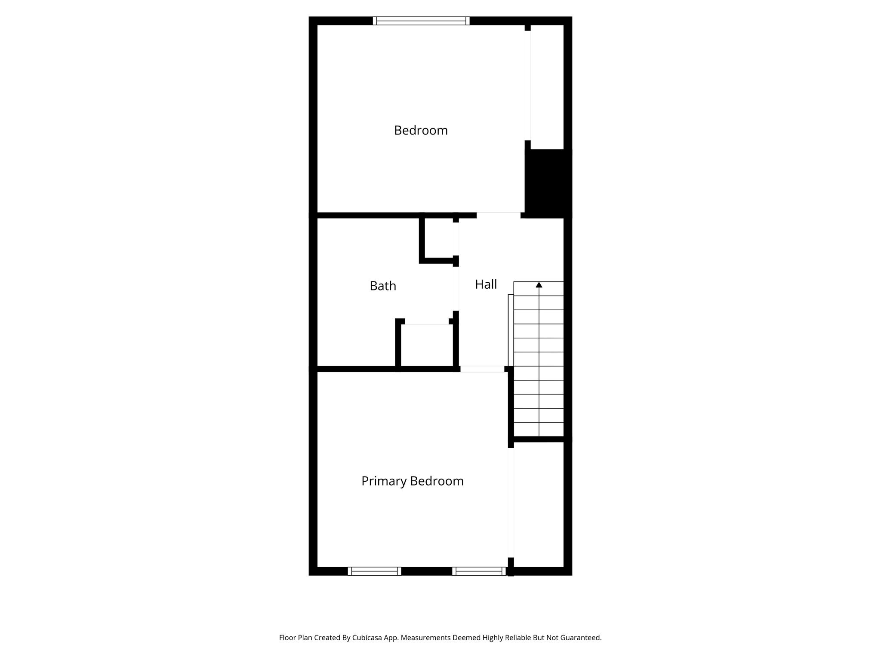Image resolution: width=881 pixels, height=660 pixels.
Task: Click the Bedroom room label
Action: point(421,130)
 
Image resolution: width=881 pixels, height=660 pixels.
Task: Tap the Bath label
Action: point(383,286)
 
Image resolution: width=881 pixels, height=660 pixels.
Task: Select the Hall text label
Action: point(486,284)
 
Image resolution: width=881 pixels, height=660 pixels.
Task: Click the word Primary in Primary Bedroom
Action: point(384,481)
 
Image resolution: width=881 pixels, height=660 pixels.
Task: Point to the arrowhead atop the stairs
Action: point(539,284)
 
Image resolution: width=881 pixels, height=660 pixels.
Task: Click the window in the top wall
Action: point(421,21)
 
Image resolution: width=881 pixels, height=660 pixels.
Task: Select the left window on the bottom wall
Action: point(374,571)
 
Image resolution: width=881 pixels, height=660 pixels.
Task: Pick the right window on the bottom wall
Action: point(479,571)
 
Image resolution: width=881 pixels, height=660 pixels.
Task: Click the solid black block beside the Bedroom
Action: point(548,183)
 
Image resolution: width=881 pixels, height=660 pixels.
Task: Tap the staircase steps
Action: point(539,361)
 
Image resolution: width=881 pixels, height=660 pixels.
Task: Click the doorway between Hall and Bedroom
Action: point(499,215)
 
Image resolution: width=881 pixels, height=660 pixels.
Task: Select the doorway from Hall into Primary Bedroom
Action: point(482,369)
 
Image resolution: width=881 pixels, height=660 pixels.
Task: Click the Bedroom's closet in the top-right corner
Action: point(547,86)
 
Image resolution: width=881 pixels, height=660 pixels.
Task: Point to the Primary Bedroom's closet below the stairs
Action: point(539,505)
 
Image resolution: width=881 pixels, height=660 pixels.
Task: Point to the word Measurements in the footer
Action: point(426,638)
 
